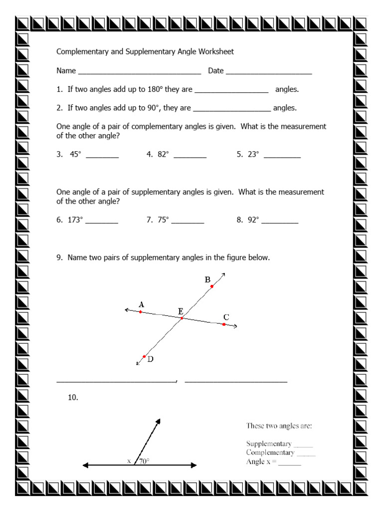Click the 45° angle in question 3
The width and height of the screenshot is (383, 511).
pos(75,154)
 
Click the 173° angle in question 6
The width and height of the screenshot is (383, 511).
pos(75,220)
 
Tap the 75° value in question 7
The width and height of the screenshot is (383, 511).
pos(163,220)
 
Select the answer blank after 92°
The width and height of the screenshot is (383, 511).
pos(280,222)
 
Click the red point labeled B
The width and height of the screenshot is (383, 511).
pos(212,286)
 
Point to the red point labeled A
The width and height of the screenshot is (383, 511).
pos(141,312)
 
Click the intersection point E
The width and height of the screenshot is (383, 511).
pos(182,318)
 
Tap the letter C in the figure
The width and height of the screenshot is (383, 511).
pos(226,317)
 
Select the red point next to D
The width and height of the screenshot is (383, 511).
pos(144,356)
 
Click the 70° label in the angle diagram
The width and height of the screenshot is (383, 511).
pos(144,461)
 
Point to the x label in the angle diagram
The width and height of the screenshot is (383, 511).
pos(129,461)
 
